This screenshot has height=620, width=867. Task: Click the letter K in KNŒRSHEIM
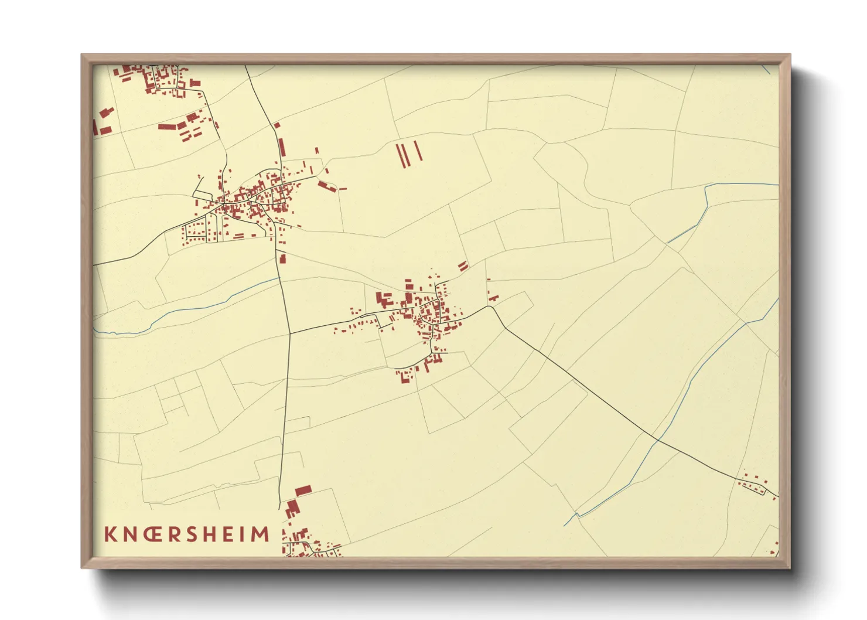[110, 534]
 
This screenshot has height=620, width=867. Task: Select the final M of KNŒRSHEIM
[260, 534]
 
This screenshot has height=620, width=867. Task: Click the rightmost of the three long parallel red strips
[418, 151]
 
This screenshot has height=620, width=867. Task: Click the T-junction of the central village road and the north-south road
[290, 333]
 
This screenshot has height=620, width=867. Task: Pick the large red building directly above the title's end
[303, 490]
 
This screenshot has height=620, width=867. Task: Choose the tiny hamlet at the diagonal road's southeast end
[756, 485]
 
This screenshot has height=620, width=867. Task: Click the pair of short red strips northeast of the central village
[463, 265]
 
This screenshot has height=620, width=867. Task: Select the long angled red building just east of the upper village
[326, 186]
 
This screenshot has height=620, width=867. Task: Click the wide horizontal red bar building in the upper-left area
[168, 126]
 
